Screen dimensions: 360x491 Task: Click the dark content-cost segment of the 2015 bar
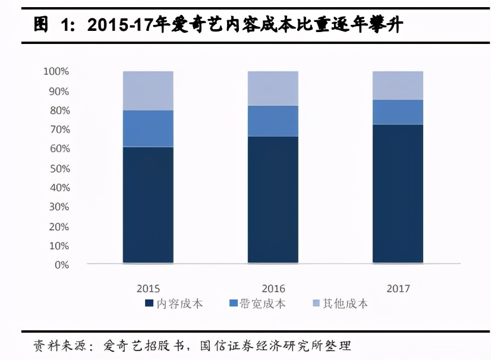148,205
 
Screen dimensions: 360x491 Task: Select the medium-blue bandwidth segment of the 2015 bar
148,128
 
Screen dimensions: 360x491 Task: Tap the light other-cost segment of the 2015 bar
148,90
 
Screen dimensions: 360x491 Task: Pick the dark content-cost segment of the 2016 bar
273,200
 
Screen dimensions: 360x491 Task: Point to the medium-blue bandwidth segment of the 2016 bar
273,121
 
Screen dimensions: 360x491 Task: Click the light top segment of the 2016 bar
273,88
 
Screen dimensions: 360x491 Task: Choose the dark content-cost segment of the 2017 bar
398,194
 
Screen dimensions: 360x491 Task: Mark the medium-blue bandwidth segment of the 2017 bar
398,112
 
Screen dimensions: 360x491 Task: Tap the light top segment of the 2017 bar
398,85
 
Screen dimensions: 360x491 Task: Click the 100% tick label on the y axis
56,71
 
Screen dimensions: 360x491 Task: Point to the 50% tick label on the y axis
58,168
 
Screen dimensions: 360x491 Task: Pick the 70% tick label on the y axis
58,130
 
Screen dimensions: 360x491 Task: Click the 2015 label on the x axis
148,289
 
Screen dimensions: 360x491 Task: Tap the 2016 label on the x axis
273,289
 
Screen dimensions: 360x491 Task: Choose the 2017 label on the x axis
398,289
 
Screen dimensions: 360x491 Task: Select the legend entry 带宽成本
262,304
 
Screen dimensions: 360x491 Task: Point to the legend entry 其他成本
345,304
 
